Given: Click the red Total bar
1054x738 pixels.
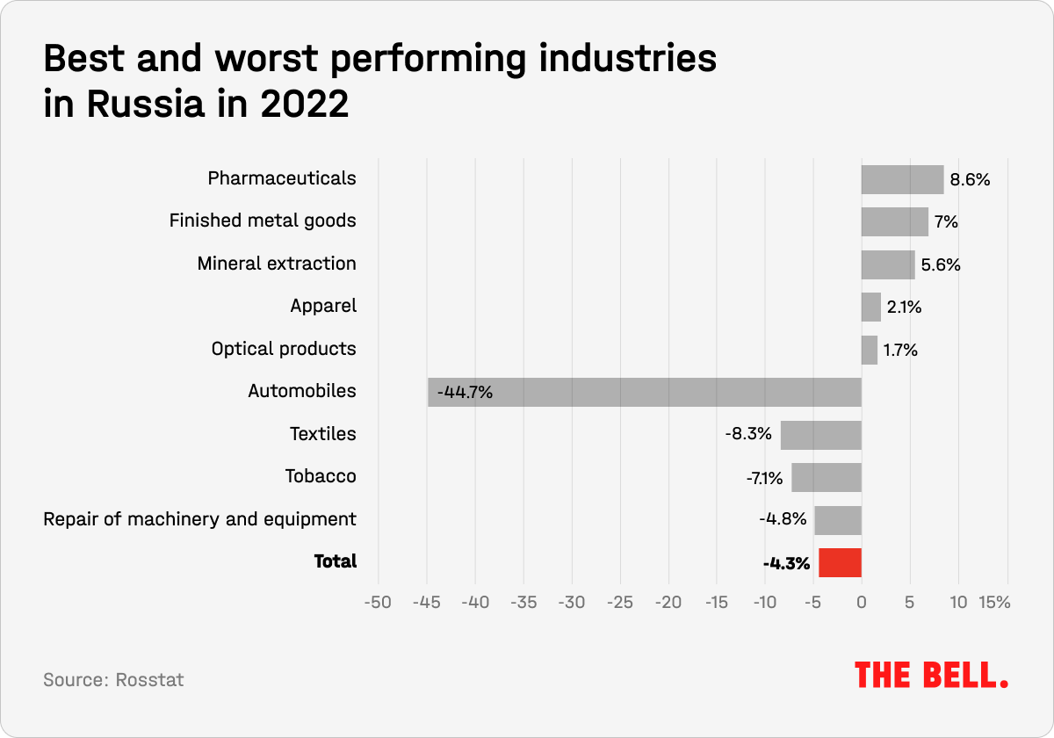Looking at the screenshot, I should click(x=840, y=563).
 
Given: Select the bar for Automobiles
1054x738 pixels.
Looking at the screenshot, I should click(x=645, y=392).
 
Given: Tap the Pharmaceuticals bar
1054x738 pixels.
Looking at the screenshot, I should click(x=902, y=179).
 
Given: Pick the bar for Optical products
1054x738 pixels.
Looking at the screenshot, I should click(x=869, y=350).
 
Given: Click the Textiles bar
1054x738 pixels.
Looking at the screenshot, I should click(x=820, y=435).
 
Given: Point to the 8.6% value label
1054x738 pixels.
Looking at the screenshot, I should click(x=970, y=180).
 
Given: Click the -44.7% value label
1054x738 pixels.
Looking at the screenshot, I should click(x=465, y=392).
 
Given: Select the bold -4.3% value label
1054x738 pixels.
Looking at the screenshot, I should click(x=786, y=564).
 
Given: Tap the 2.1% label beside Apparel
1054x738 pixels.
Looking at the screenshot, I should click(x=904, y=307).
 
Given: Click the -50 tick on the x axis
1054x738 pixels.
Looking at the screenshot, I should click(x=379, y=604).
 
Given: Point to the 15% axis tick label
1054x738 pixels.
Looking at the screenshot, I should click(x=995, y=604).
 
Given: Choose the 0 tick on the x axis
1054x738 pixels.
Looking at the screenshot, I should click(x=862, y=604).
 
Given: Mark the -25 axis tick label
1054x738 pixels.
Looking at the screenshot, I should click(x=620, y=604).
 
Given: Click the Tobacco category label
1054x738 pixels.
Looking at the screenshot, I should click(x=321, y=476).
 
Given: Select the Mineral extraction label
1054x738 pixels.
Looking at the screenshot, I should click(x=277, y=264).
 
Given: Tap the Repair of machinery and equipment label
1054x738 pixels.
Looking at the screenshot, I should click(x=200, y=519).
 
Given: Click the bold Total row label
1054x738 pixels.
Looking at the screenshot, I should click(x=336, y=561).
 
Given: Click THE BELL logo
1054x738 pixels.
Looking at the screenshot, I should click(x=931, y=675).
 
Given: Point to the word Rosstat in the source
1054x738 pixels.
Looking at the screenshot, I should click(x=149, y=680).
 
